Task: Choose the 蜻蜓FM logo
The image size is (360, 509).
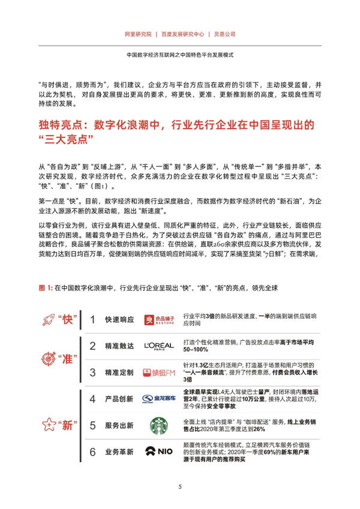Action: (159, 373)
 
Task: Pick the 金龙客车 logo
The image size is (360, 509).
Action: (158, 399)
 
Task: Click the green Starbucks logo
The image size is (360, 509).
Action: (159, 426)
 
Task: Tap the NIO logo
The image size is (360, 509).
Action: (159, 452)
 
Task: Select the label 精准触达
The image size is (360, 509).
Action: (119, 346)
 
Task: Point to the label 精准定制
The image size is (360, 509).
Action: (119, 373)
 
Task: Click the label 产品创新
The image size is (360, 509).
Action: (119, 399)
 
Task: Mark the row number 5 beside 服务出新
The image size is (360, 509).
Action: (92, 426)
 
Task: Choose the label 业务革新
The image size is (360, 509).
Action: (119, 452)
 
